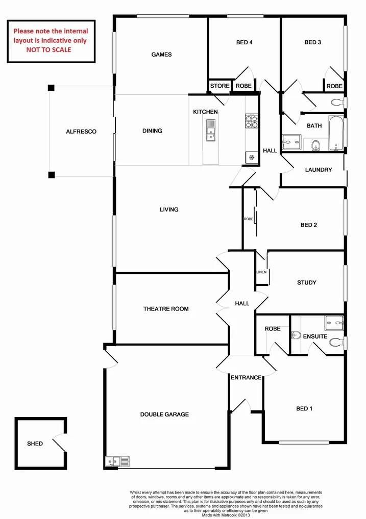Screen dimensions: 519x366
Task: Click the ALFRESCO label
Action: pyautogui.click(x=81, y=132)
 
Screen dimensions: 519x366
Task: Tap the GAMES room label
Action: pyautogui.click(x=161, y=55)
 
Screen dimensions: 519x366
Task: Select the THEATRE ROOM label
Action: pyautogui.click(x=166, y=309)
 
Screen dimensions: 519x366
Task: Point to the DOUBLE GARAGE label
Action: pyautogui.click(x=164, y=414)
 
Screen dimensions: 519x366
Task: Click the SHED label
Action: pyautogui.click(x=35, y=444)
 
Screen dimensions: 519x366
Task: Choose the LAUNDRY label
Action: pyautogui.click(x=319, y=170)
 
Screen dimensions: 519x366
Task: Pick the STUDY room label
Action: pyautogui.click(x=306, y=282)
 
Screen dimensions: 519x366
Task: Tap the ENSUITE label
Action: pyautogui.click(x=315, y=336)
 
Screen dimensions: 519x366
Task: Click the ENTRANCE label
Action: pyautogui.click(x=246, y=378)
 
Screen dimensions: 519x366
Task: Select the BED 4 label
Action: pyautogui.click(x=245, y=43)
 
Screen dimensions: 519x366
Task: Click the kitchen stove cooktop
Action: pyautogui.click(x=251, y=122)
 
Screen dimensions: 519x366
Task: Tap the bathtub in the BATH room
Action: pyautogui.click(x=335, y=134)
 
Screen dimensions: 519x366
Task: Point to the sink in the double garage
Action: pyautogui.click(x=117, y=461)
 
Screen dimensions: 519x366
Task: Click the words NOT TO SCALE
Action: pyautogui.click(x=49, y=50)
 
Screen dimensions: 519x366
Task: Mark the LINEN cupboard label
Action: pyautogui.click(x=261, y=272)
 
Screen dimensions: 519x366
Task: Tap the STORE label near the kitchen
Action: pyautogui.click(x=220, y=86)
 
